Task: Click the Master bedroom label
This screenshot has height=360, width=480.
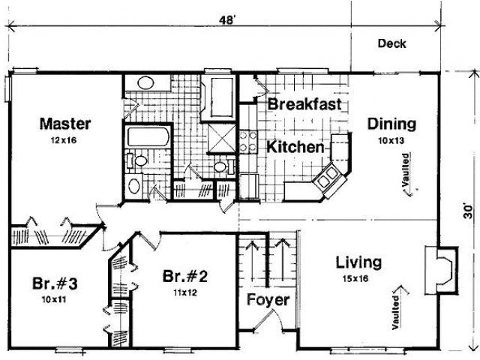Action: click(65, 124)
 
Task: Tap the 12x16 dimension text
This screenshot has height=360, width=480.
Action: click(64, 140)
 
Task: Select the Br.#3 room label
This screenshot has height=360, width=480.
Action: click(55, 283)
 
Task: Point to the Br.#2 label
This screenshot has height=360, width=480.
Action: click(185, 276)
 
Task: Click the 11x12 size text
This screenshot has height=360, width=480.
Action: click(185, 293)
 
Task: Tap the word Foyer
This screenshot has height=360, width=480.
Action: click(268, 300)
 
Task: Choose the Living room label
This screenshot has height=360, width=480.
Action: click(358, 262)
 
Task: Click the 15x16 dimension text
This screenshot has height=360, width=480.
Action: click(355, 279)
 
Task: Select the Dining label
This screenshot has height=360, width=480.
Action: click(391, 124)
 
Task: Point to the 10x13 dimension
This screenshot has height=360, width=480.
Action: click(391, 141)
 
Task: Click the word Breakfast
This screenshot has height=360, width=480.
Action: click(304, 104)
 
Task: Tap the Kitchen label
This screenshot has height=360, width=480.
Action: click(295, 147)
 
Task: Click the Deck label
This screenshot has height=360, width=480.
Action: click(391, 43)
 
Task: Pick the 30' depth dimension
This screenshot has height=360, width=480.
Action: click(468, 211)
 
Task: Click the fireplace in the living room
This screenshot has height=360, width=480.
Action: click(442, 271)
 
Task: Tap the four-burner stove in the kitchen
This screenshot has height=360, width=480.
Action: click(248, 141)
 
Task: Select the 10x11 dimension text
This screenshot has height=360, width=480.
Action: click(54, 300)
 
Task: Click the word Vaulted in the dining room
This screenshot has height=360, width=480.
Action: click(406, 170)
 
